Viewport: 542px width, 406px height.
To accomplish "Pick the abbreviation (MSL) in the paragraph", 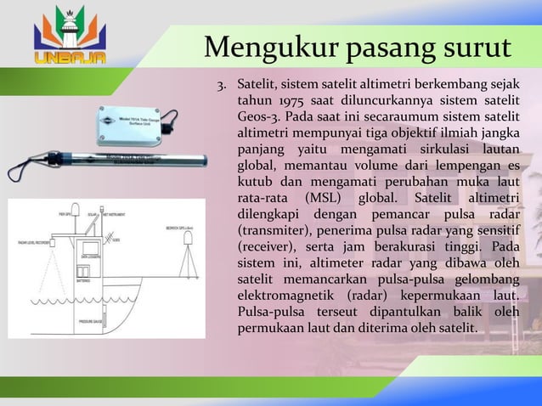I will coord(315,198).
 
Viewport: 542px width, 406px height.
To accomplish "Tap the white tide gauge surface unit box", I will coord(136,121).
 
